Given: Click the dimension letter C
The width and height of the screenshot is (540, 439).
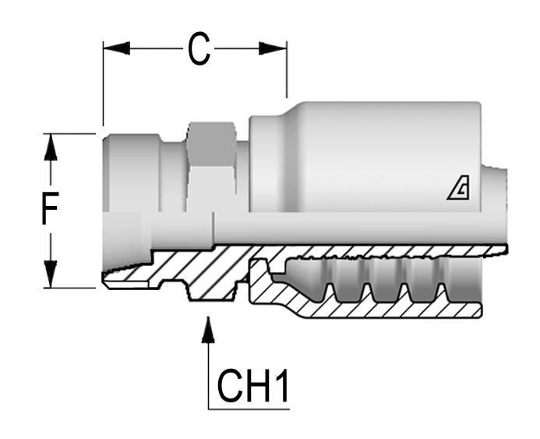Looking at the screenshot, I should coord(199,51).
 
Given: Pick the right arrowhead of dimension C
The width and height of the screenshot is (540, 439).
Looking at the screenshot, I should coord(274,48).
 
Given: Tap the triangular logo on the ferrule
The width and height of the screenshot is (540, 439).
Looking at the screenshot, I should coord(457,189).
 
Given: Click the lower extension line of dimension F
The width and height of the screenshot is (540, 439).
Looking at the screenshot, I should coord(74,288).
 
